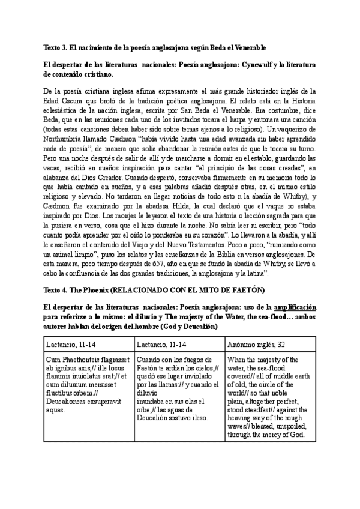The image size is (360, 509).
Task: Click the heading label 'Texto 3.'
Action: tap(57, 47)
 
